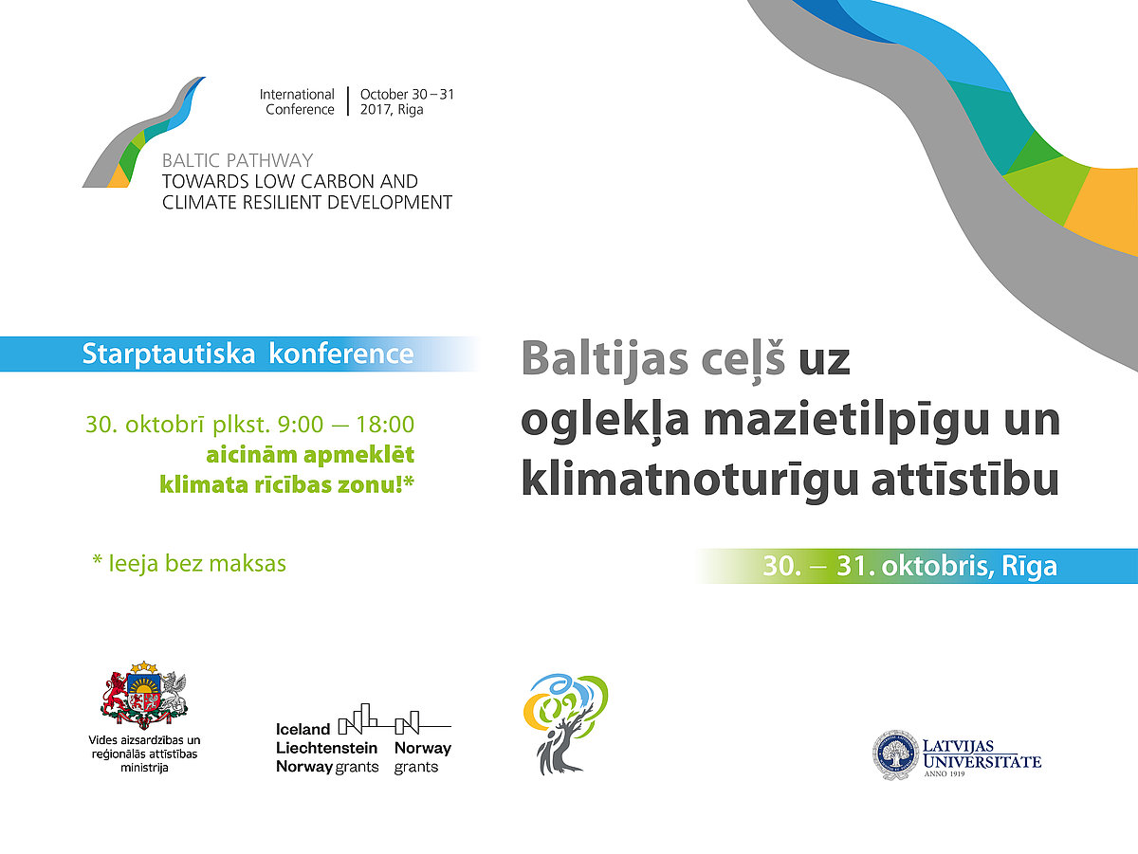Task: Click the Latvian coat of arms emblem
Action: pyautogui.click(x=144, y=693)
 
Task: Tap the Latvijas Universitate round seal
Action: pyautogui.click(x=895, y=756)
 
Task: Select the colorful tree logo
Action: pyautogui.click(x=565, y=724)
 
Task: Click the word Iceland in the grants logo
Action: pyautogui.click(x=303, y=730)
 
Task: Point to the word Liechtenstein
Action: pyautogui.click(x=326, y=748)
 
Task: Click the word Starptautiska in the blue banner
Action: pyautogui.click(x=169, y=354)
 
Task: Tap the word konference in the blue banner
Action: pyautogui.click(x=341, y=354)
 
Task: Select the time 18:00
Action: pyautogui.click(x=385, y=425)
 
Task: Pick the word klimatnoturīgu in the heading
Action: pyautogui.click(x=689, y=480)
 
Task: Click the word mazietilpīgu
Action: pyautogui.click(x=846, y=421)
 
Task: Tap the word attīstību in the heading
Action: pyautogui.click(x=964, y=479)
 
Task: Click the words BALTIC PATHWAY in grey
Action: pyautogui.click(x=237, y=160)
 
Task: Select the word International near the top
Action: pyautogui.click(x=297, y=95)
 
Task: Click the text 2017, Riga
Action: pyautogui.click(x=392, y=110)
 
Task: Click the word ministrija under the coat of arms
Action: pyautogui.click(x=144, y=768)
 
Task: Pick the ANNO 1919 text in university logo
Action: pyautogui.click(x=945, y=773)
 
